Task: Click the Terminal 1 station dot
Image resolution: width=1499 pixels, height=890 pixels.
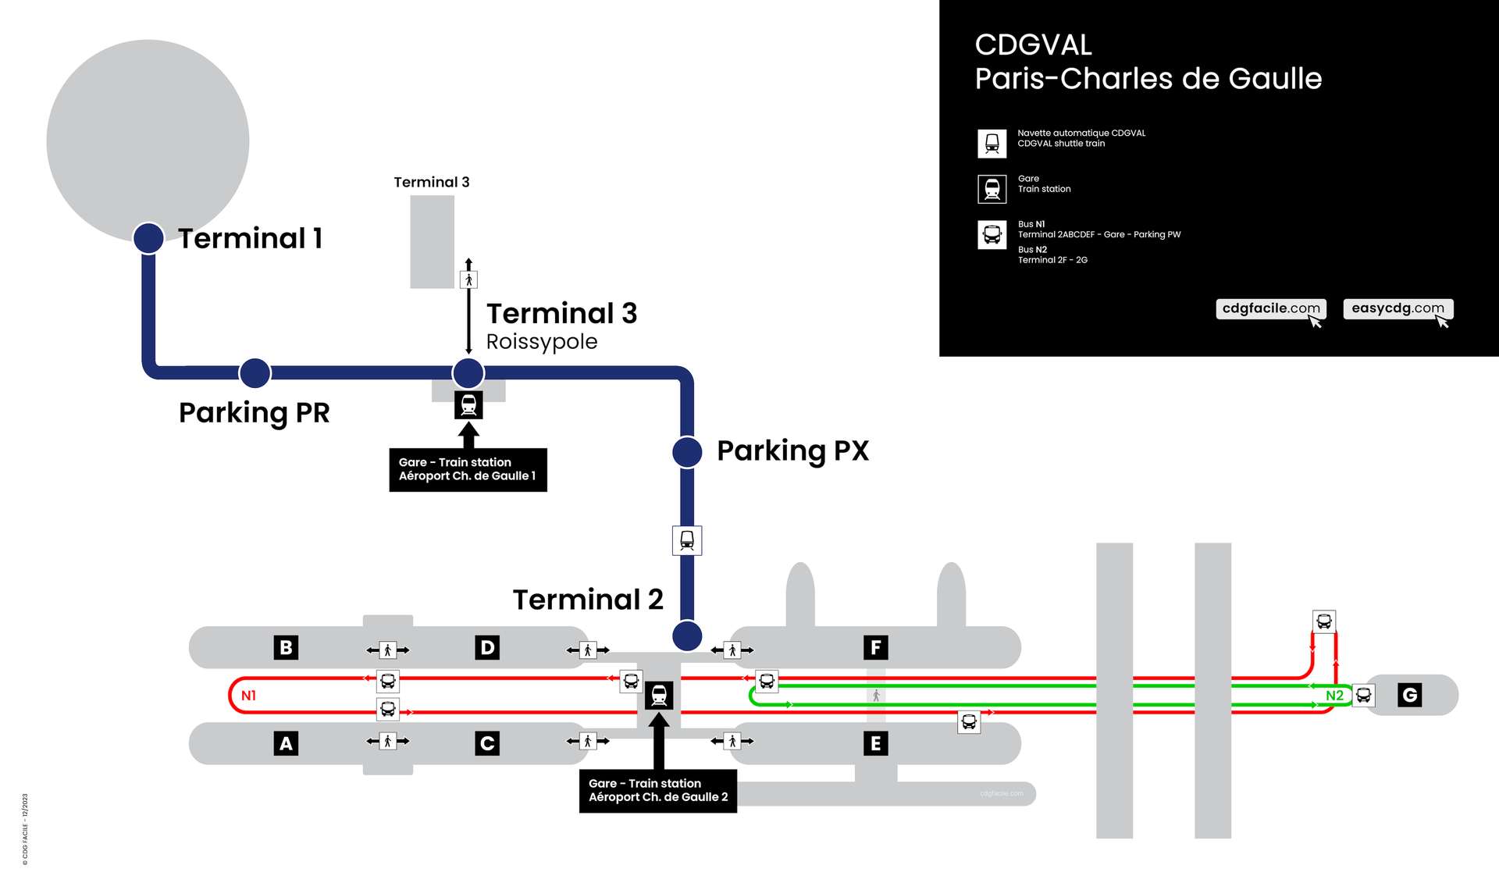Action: (x=148, y=238)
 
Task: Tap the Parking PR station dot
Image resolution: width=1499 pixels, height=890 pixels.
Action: (x=255, y=373)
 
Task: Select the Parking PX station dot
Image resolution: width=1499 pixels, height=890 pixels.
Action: (x=687, y=452)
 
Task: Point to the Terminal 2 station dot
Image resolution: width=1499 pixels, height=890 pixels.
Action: (x=687, y=635)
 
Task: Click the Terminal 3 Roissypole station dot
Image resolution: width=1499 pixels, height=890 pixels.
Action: (x=468, y=373)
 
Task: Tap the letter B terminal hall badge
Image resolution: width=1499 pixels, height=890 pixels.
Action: (x=286, y=647)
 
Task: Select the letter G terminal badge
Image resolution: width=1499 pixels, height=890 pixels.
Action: (x=1409, y=695)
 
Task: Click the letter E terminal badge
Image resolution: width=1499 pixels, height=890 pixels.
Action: (x=875, y=743)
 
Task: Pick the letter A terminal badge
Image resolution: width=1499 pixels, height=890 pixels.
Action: (x=286, y=743)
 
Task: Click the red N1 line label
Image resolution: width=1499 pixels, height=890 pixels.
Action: (x=248, y=696)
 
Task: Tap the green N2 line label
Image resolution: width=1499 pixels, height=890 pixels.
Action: (x=1334, y=696)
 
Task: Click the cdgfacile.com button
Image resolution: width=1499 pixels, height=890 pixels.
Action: (x=1271, y=308)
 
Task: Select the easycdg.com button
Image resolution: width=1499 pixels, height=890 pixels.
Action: (x=1398, y=308)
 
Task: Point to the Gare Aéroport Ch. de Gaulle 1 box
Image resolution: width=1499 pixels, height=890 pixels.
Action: (x=468, y=469)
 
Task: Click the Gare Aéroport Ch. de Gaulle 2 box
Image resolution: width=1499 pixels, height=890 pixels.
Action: (x=658, y=790)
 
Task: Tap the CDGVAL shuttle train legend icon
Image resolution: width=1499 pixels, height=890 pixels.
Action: (x=992, y=144)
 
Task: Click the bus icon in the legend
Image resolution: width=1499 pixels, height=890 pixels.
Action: (x=992, y=234)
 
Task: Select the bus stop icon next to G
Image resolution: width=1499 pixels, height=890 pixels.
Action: (x=1363, y=695)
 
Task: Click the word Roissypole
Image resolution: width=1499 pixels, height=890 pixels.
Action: (x=542, y=342)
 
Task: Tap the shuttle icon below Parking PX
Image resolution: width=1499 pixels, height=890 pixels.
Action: (x=687, y=540)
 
